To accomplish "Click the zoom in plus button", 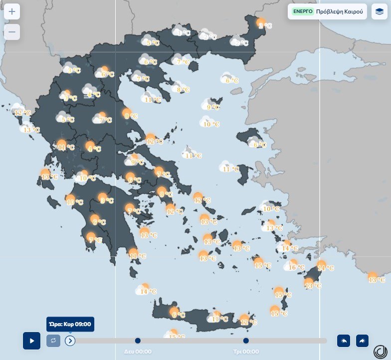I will (12, 11).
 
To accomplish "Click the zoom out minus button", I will (12, 32).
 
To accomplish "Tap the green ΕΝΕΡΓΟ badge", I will (303, 11).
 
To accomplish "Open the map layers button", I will (380, 11).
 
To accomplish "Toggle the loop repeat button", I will (54, 341).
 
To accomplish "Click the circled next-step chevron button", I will (70, 341).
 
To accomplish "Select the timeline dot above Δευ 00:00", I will (138, 341).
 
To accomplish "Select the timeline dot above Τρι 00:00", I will (246, 341).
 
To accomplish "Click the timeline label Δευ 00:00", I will (138, 352).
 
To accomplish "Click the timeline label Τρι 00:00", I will (246, 352).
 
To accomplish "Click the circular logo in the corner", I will (380, 350).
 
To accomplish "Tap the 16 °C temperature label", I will (297, 268).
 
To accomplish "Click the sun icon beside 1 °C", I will (260, 22).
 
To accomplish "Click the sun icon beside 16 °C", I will (292, 263).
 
